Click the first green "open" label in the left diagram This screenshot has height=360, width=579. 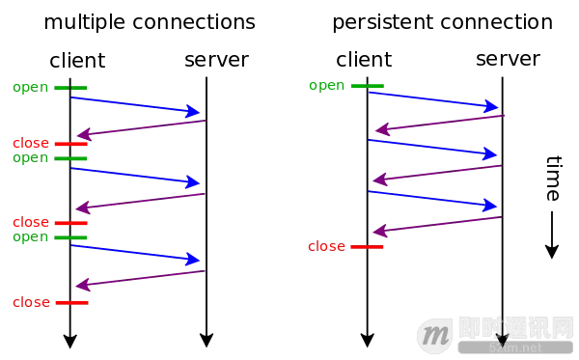point(32,87)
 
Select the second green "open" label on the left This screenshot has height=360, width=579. point(32,157)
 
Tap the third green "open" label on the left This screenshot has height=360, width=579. point(32,236)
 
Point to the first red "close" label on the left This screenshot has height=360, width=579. point(31,144)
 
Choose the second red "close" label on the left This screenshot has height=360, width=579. point(31,223)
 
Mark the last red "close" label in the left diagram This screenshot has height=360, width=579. point(31,302)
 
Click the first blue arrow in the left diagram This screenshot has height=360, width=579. point(135,104)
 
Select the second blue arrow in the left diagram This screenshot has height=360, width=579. point(135,175)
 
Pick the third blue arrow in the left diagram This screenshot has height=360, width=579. point(135,252)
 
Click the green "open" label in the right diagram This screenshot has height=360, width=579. point(329,86)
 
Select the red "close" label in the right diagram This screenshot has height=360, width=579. point(327,247)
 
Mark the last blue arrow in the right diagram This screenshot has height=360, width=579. point(434,199)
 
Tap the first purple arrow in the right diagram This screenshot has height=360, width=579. point(439,124)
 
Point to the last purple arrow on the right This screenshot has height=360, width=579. point(439,225)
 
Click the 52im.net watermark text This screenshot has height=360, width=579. point(515,347)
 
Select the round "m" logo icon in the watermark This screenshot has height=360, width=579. point(437,336)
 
